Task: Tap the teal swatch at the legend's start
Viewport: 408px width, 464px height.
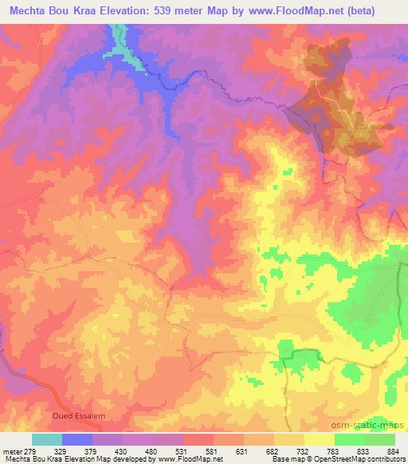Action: click(47, 439)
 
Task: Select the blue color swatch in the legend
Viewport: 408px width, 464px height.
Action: click(77, 439)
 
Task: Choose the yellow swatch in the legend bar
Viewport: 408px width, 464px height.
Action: click(319, 439)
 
